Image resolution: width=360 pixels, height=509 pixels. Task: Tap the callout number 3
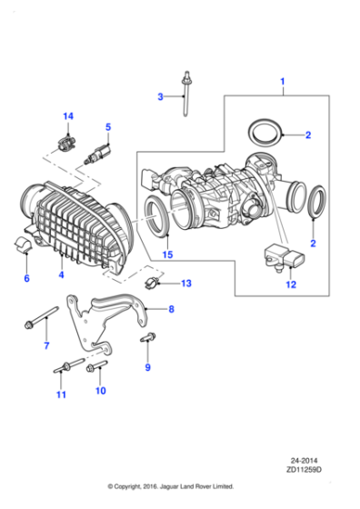[159, 96]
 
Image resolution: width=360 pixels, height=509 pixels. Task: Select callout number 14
[67, 115]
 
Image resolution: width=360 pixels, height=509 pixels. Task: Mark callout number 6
[25, 278]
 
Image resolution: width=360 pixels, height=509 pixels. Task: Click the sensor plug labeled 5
[95, 157]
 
